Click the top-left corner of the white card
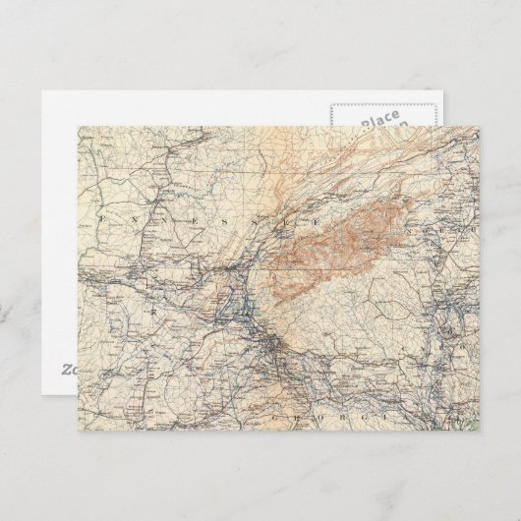coord(43,92)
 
